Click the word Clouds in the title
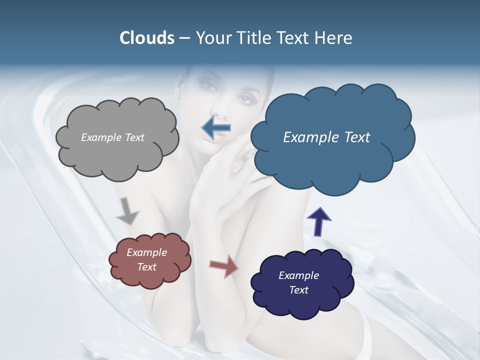point(146,38)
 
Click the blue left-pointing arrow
point(216,128)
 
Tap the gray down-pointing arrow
point(127,210)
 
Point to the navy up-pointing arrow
point(318,221)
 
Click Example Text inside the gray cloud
point(112,137)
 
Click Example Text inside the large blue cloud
point(326,137)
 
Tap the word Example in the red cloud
point(146,252)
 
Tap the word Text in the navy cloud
point(298,290)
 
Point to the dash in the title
point(184,38)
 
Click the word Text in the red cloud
point(146,267)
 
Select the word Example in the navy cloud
point(298,275)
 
